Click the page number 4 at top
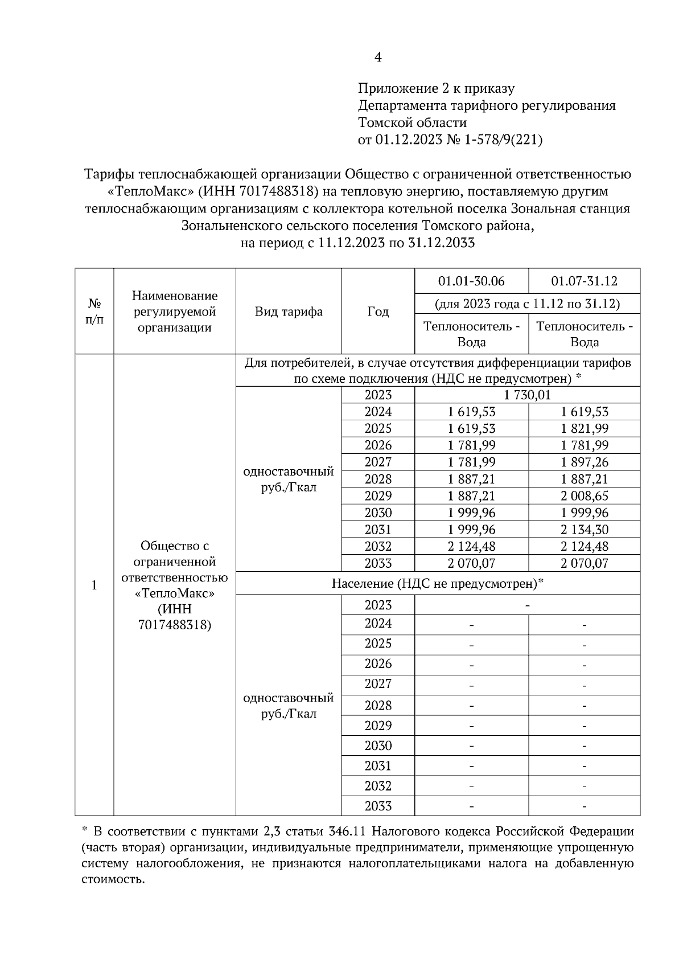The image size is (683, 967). [378, 57]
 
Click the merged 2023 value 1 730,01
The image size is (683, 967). [528, 395]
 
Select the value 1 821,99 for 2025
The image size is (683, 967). [584, 428]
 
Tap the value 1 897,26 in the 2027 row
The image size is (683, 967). [584, 462]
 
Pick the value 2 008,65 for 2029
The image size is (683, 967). [584, 495]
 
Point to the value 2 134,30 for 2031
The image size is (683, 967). [584, 530]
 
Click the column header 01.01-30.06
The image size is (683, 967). [471, 281]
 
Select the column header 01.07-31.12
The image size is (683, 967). [584, 281]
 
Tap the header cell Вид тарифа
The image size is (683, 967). [289, 312]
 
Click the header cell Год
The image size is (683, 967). [378, 312]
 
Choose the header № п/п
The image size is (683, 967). [94, 312]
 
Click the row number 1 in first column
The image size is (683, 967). [94, 585]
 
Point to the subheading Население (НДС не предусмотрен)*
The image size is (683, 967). [438, 583]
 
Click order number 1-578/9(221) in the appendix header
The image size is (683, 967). [503, 140]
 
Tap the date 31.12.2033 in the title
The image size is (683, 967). [441, 243]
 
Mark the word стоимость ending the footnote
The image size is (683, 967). [109, 879]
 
